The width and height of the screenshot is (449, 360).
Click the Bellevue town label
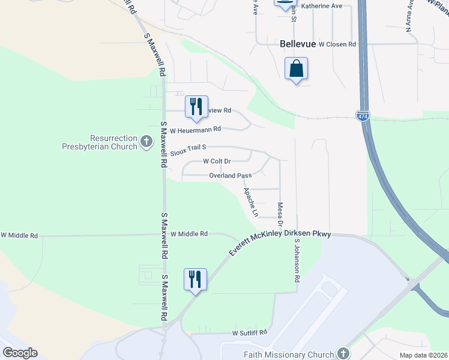click(298, 44)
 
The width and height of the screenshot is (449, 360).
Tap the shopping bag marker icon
click(297, 69)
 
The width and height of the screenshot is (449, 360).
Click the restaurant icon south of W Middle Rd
click(196, 280)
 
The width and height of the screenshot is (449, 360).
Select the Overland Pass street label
click(230, 175)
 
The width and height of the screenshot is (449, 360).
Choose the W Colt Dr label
click(217, 161)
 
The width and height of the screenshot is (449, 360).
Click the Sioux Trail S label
click(188, 147)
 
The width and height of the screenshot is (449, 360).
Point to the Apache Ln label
click(250, 202)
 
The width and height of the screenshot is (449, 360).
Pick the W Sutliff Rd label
click(249, 332)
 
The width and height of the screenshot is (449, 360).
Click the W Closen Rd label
click(337, 44)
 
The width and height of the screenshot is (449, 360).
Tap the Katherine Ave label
click(321, 6)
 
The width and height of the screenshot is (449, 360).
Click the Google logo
click(20, 353)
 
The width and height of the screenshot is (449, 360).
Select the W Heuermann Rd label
click(196, 130)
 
